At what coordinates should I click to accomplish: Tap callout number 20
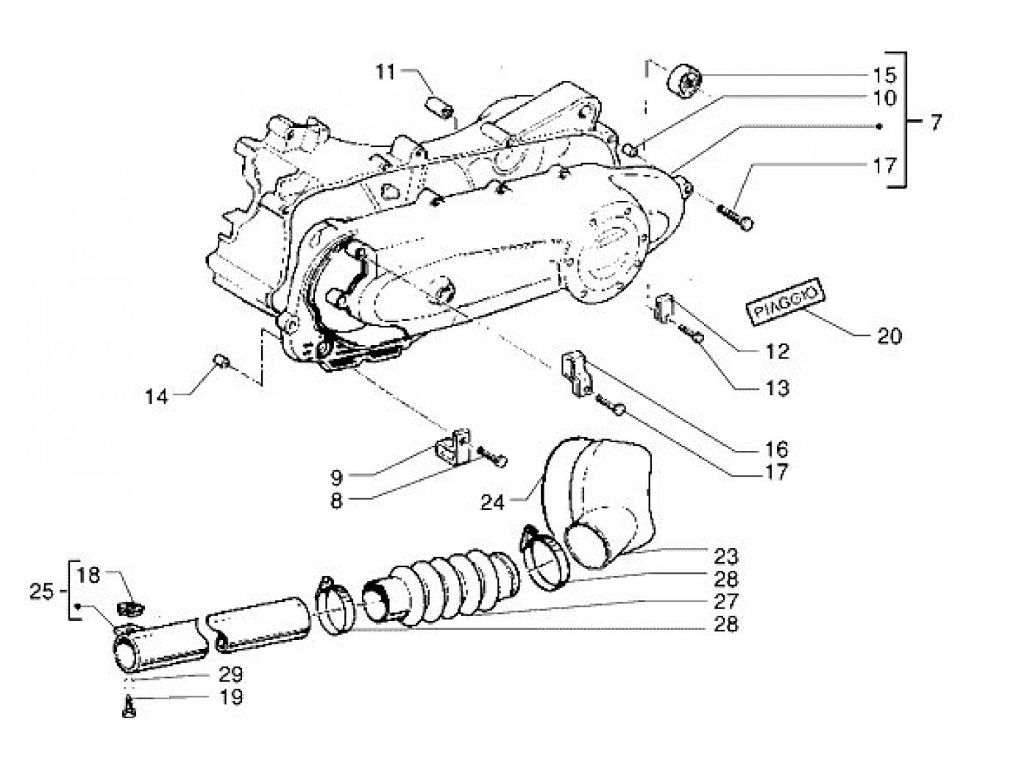click(x=889, y=336)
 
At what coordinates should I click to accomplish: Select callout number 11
click(x=386, y=72)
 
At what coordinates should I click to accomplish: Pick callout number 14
click(x=156, y=397)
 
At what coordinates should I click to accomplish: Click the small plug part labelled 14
click(x=221, y=362)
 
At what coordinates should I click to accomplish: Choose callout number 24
click(x=492, y=503)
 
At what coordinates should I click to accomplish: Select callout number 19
click(x=231, y=697)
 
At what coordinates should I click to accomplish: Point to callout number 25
click(x=42, y=592)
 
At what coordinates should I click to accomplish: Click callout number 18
click(x=89, y=575)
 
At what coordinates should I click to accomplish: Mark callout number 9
click(x=337, y=477)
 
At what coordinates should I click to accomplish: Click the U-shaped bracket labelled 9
click(x=453, y=448)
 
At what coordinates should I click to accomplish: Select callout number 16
click(x=777, y=449)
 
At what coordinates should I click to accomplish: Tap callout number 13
click(x=778, y=388)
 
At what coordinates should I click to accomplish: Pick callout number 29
click(x=231, y=674)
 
